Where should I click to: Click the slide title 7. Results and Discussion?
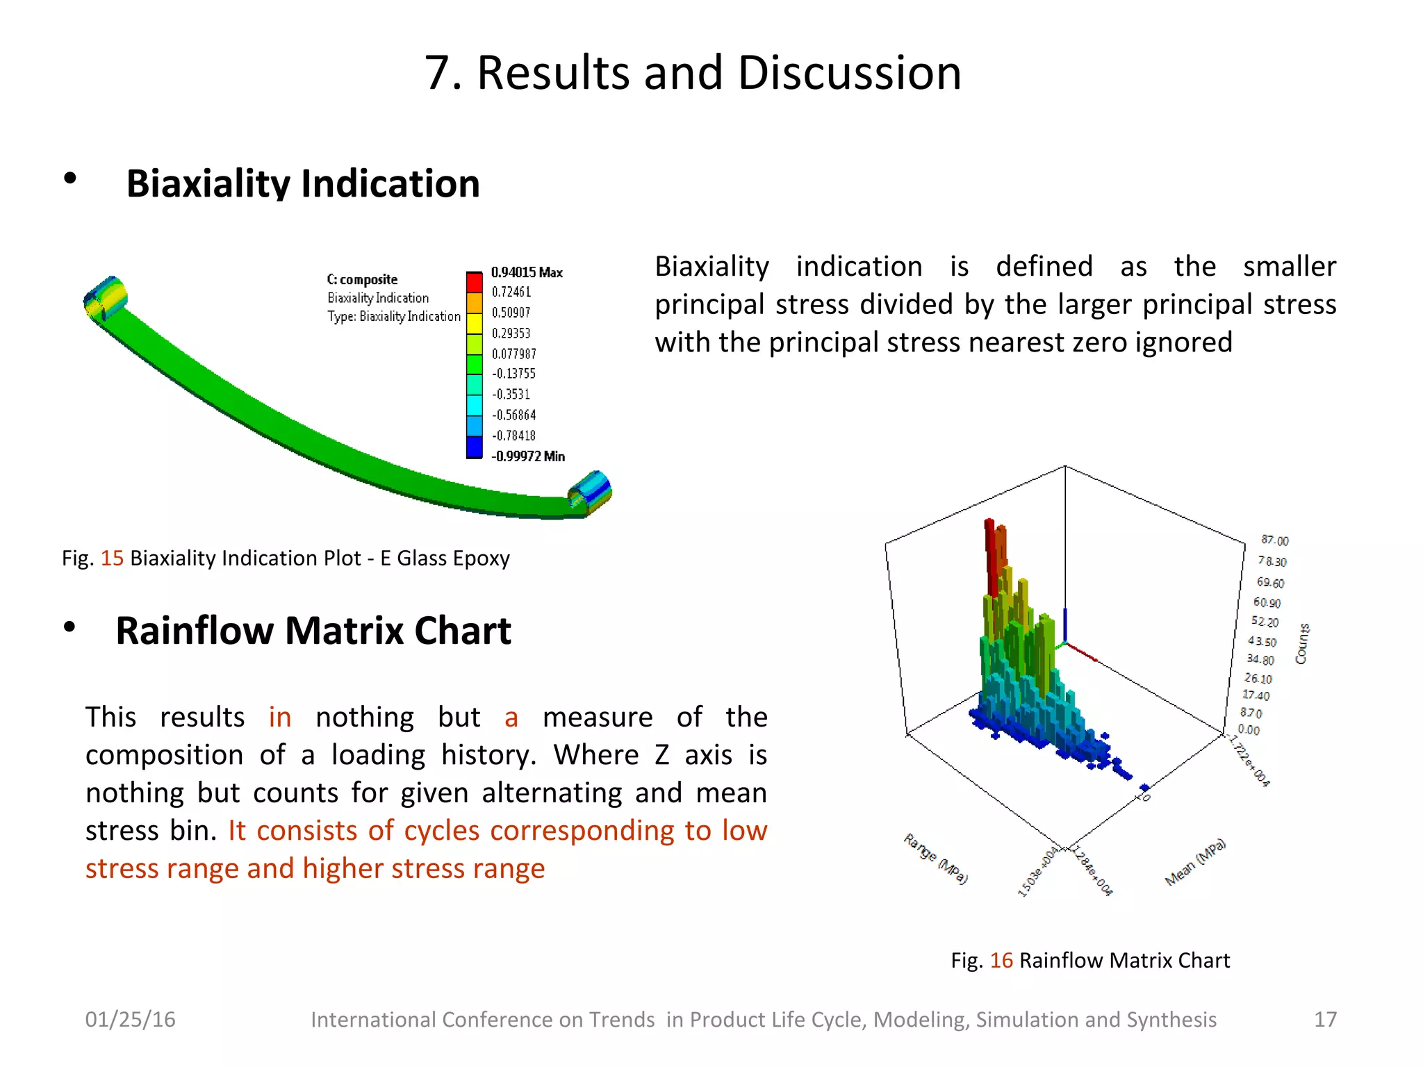coord(693,73)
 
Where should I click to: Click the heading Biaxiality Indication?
coord(303,184)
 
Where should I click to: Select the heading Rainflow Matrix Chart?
coord(313,631)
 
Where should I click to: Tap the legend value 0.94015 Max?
coord(526,272)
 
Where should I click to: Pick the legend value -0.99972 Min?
coord(527,456)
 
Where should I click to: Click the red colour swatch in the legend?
coord(474,282)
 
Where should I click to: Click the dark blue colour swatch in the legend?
coord(474,447)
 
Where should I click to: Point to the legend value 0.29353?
coord(511,333)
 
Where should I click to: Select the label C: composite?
coord(362,279)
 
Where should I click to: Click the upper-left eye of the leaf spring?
coord(106,299)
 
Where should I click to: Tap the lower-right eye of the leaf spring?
coord(590,493)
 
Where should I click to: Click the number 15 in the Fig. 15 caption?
coord(112,559)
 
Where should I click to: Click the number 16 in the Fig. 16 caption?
coord(1001,961)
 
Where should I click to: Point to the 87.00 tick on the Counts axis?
coord(1274,540)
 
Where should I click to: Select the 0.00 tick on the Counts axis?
coord(1249,729)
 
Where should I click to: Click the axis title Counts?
coord(1301,644)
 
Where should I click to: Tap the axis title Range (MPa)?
coord(935,859)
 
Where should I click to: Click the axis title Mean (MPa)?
coord(1195,862)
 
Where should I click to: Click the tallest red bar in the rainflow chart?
coord(990,556)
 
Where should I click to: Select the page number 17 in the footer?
coord(1325,1019)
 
